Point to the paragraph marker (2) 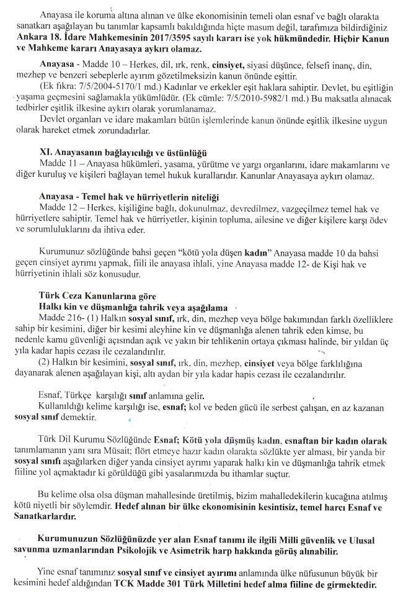45,364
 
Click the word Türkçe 91,396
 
